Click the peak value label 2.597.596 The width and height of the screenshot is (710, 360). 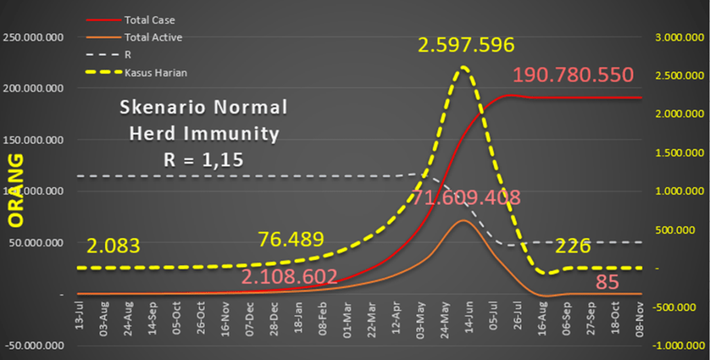[466, 46]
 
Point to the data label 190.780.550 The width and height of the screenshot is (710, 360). [573, 75]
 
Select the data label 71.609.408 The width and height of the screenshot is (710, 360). [466, 198]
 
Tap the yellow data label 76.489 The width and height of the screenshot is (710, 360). [291, 239]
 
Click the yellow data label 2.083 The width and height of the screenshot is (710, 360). [114, 246]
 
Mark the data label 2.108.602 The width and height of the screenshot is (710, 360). [289, 277]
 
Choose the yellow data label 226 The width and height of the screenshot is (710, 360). [573, 246]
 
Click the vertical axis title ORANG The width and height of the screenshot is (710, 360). [15, 190]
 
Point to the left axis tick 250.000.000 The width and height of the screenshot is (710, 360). [35, 37]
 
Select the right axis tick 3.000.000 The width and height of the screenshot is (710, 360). [677, 37]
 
